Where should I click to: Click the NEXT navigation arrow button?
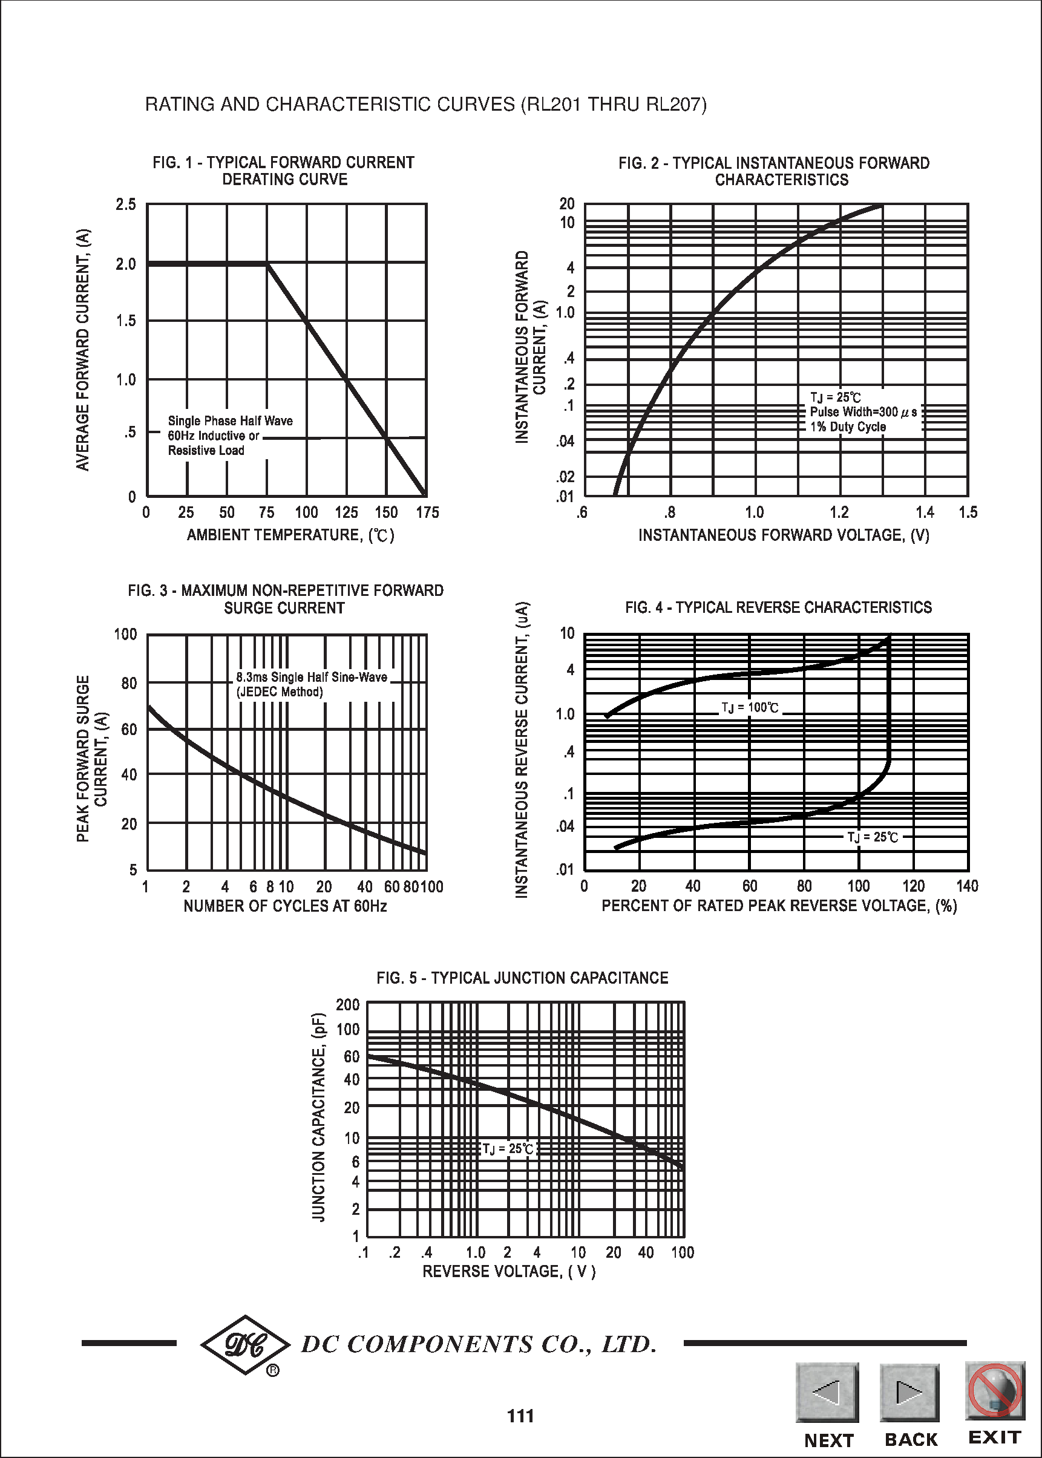tap(827, 1392)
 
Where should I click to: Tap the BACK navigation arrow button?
tap(910, 1392)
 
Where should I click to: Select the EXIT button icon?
tap(995, 1391)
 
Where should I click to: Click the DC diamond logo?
tap(245, 1344)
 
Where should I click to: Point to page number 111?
tap(520, 1416)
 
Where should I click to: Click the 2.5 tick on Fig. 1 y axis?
tap(126, 204)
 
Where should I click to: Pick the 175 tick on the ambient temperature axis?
tap(427, 512)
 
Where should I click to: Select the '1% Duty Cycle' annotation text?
tap(848, 427)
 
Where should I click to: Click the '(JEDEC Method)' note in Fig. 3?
tap(280, 692)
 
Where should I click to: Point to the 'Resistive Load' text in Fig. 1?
tap(206, 450)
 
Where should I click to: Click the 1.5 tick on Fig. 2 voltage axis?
tap(968, 512)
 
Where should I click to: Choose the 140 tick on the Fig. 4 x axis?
tap(967, 886)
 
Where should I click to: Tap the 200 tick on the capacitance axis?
tap(348, 1004)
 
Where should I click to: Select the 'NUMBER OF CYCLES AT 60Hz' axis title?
tap(285, 906)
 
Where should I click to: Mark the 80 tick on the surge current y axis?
tap(129, 683)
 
